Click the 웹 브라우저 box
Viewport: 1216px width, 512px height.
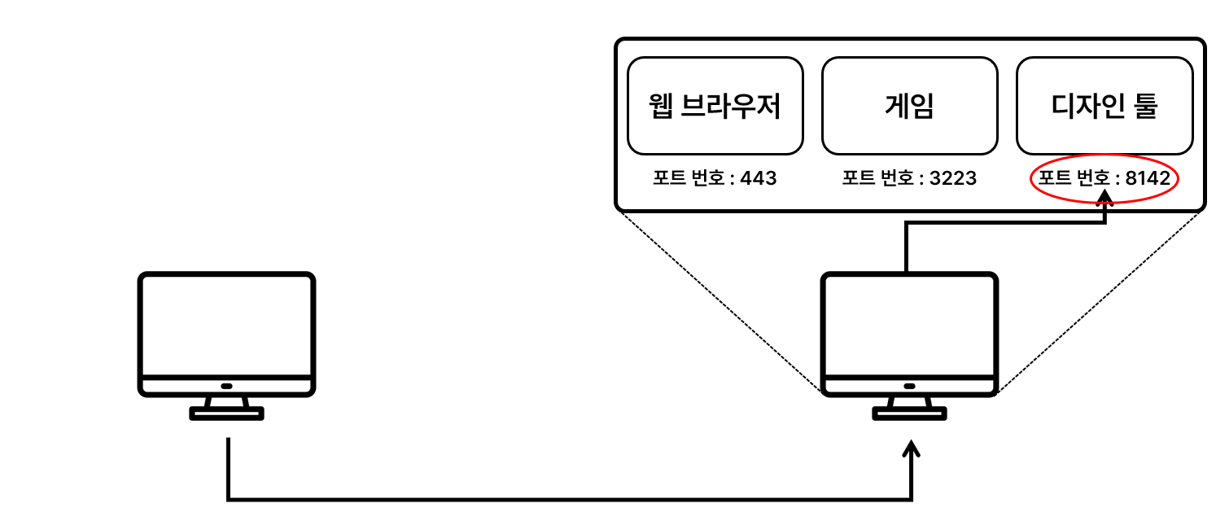715,106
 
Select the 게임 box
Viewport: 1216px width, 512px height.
909,106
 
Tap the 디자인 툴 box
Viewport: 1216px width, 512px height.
1104,106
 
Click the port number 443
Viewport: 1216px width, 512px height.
759,178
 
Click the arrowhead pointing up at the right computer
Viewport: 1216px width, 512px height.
912,450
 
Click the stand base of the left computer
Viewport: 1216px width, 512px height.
226,414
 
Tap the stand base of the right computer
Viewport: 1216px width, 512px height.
909,414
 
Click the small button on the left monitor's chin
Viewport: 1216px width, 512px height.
226,386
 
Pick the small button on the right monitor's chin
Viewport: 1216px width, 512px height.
909,386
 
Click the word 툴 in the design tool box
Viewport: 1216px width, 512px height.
1143,107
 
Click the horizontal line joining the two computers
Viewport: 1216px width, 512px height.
570,497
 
